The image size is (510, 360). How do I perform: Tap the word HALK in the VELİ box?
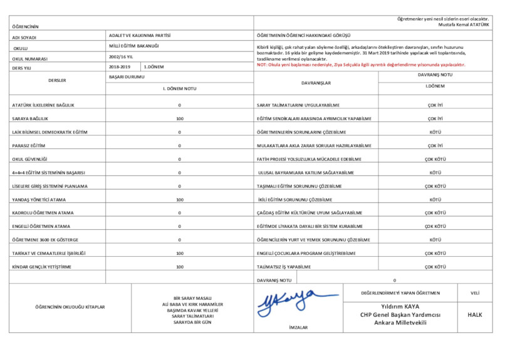474,314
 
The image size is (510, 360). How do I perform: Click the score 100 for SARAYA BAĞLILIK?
179,118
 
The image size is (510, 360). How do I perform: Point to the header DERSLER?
57,80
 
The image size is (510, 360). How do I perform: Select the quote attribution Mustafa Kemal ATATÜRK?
464,25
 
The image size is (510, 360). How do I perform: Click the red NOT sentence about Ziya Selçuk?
360,64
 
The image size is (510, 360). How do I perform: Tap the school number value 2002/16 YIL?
117,56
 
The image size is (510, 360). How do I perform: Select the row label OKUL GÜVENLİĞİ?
29,159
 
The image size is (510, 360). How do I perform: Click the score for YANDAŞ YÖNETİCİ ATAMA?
179,199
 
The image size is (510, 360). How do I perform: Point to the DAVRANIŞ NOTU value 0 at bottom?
394,279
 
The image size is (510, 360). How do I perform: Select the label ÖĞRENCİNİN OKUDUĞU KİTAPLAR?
70,307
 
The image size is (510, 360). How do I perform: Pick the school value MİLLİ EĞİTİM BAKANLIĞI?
133,46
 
